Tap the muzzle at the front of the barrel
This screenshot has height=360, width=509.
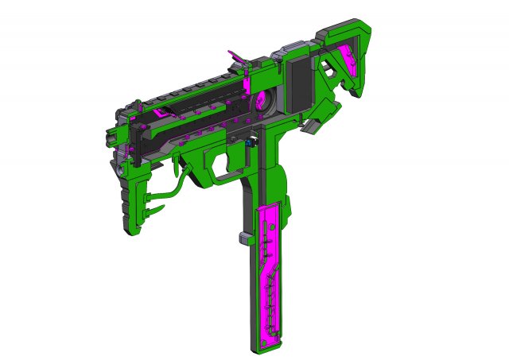coord(120,166)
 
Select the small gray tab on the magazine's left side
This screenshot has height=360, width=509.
coord(242,236)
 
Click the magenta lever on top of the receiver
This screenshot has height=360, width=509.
coord(238,56)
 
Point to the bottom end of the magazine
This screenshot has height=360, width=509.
coord(267,342)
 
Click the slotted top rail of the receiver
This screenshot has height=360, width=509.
coord(199,83)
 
